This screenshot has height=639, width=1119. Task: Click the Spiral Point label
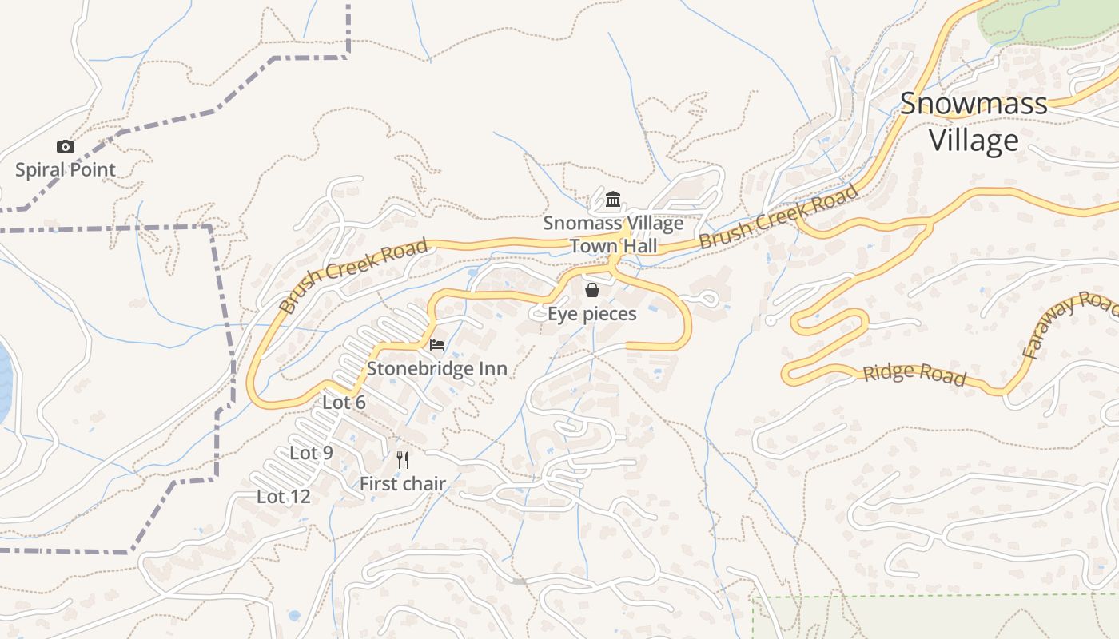tap(66, 169)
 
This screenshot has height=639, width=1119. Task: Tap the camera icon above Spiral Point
tap(66, 146)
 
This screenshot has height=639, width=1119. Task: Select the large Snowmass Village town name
tap(974, 121)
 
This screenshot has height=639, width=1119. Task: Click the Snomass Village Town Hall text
tap(613, 234)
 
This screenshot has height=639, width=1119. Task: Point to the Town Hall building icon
tap(613, 199)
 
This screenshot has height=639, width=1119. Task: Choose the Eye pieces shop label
tap(591, 314)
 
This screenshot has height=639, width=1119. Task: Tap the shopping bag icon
tap(591, 290)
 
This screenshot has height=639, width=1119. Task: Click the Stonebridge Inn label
tap(436, 368)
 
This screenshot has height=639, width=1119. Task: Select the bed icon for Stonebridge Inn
tap(437, 345)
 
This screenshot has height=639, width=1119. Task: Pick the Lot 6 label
tap(344, 403)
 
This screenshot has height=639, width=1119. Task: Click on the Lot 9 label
tap(311, 453)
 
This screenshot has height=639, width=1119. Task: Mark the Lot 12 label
tap(283, 496)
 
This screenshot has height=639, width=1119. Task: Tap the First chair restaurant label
tap(402, 483)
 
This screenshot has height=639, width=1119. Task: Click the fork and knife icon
tap(403, 460)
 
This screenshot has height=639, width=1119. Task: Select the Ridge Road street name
tap(914, 374)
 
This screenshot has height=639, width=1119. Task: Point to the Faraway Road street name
tap(1071, 323)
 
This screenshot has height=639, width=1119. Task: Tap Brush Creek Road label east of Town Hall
tap(779, 216)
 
